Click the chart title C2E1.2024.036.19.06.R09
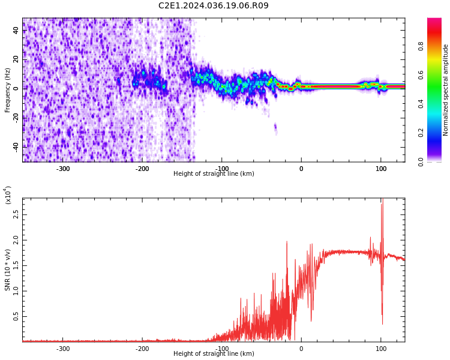214,6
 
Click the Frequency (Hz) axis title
8,90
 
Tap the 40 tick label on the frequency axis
16,31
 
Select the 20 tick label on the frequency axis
16,59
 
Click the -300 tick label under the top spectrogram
63,169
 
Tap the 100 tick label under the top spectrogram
380,169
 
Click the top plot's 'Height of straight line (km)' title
214,174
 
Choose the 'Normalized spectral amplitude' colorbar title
446,90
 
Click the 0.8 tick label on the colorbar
437,46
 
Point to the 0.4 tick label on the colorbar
437,104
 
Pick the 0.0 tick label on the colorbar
437,161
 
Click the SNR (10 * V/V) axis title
8,270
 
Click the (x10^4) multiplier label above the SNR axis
8,194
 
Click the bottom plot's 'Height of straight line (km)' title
214,354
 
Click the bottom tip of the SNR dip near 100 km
382,324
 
